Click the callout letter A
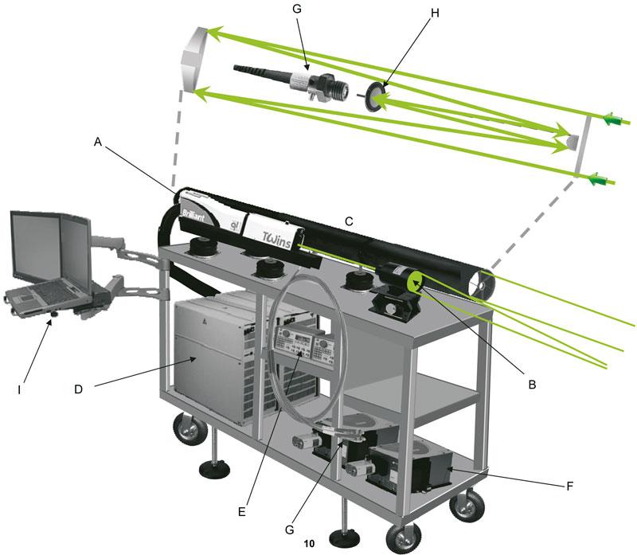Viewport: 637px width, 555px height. pyautogui.click(x=97, y=142)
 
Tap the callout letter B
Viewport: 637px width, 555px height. pyautogui.click(x=532, y=384)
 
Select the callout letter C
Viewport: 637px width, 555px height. pyautogui.click(x=349, y=221)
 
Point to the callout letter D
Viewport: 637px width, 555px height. pyautogui.click(x=78, y=389)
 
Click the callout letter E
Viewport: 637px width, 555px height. pyautogui.click(x=242, y=511)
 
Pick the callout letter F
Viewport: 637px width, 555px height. pyautogui.click(x=570, y=486)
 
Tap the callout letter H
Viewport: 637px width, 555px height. pyautogui.click(x=435, y=13)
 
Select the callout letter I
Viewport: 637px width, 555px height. pyautogui.click(x=19, y=389)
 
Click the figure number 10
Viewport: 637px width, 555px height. pyautogui.click(x=309, y=543)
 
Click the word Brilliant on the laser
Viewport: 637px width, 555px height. pyautogui.click(x=193, y=215)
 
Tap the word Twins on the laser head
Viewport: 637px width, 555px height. pyautogui.click(x=276, y=240)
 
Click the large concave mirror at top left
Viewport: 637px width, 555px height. pyautogui.click(x=194, y=59)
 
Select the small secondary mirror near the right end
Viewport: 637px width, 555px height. pyautogui.click(x=572, y=142)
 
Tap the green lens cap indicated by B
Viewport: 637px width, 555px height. pyautogui.click(x=416, y=282)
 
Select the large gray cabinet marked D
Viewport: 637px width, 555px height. pyautogui.click(x=210, y=358)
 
